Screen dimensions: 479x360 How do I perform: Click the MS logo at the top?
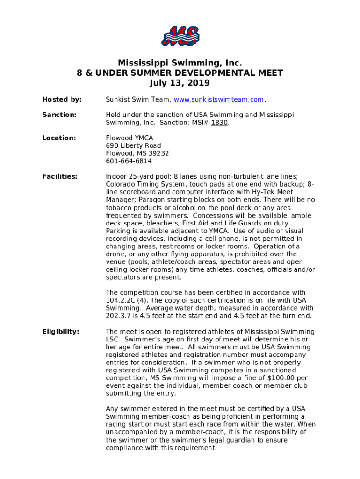pos(180,36)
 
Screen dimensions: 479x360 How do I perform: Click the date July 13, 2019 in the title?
pos(180,83)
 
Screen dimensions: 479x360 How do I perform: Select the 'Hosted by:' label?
pos(62,100)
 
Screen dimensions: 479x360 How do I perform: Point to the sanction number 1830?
pos(219,123)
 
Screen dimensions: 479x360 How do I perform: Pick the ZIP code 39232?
pos(159,153)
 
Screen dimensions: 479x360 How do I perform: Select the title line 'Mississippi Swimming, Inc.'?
pos(180,63)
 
